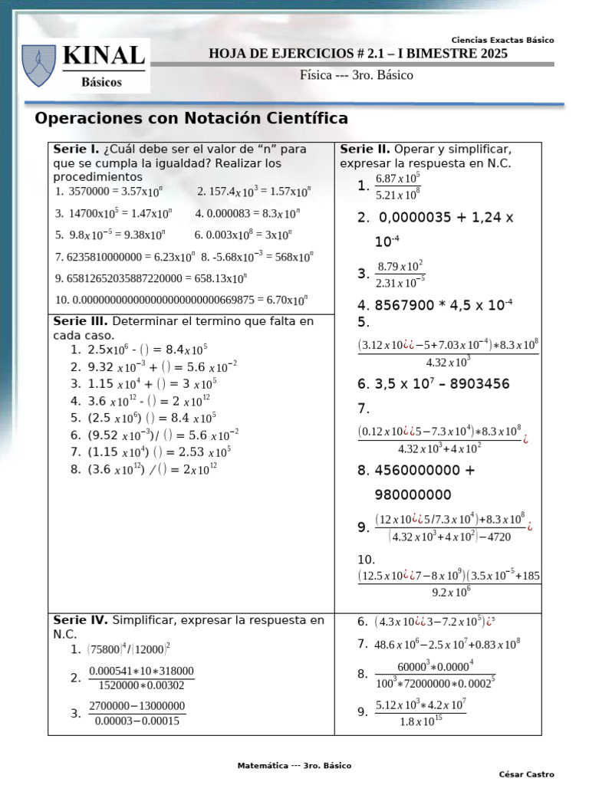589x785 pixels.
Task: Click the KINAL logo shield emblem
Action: pos(38,65)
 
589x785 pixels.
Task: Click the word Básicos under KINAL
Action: pos(101,82)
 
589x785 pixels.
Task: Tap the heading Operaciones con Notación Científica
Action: pos(192,119)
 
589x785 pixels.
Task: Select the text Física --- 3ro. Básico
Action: pos(356,75)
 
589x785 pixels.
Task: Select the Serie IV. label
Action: pos(81,619)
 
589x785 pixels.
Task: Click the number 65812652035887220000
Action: pos(119,278)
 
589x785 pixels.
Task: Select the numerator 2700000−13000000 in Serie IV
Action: pos(137,706)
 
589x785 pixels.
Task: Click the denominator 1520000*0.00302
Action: pos(142,685)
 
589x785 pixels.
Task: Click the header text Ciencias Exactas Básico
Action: pos(502,40)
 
